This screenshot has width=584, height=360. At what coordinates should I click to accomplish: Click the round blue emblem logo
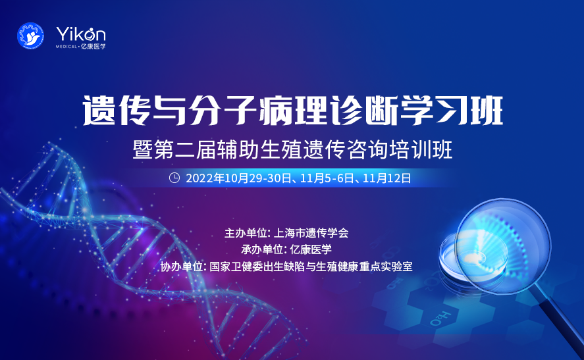pyautogui.click(x=30, y=38)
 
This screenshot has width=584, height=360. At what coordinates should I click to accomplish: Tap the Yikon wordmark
pyautogui.click(x=81, y=34)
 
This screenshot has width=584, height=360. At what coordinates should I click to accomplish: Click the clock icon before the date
pyautogui.click(x=175, y=177)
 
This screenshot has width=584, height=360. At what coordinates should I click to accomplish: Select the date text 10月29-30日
pyautogui.click(x=253, y=178)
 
